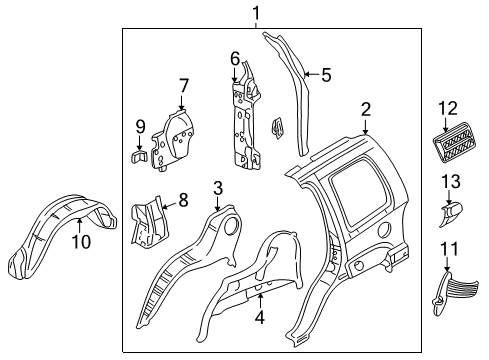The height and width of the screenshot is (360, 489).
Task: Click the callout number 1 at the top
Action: click(256, 13)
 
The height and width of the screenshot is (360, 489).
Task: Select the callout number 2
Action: click(366, 110)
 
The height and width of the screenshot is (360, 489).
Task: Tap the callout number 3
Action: click(218, 187)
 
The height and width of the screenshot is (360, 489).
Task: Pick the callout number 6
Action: click(235, 58)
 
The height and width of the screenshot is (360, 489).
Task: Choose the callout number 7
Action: click(183, 86)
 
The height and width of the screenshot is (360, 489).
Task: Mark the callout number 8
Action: click(183, 201)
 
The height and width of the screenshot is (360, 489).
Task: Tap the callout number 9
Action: click(139, 126)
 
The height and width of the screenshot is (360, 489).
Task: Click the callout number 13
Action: click(451, 181)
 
